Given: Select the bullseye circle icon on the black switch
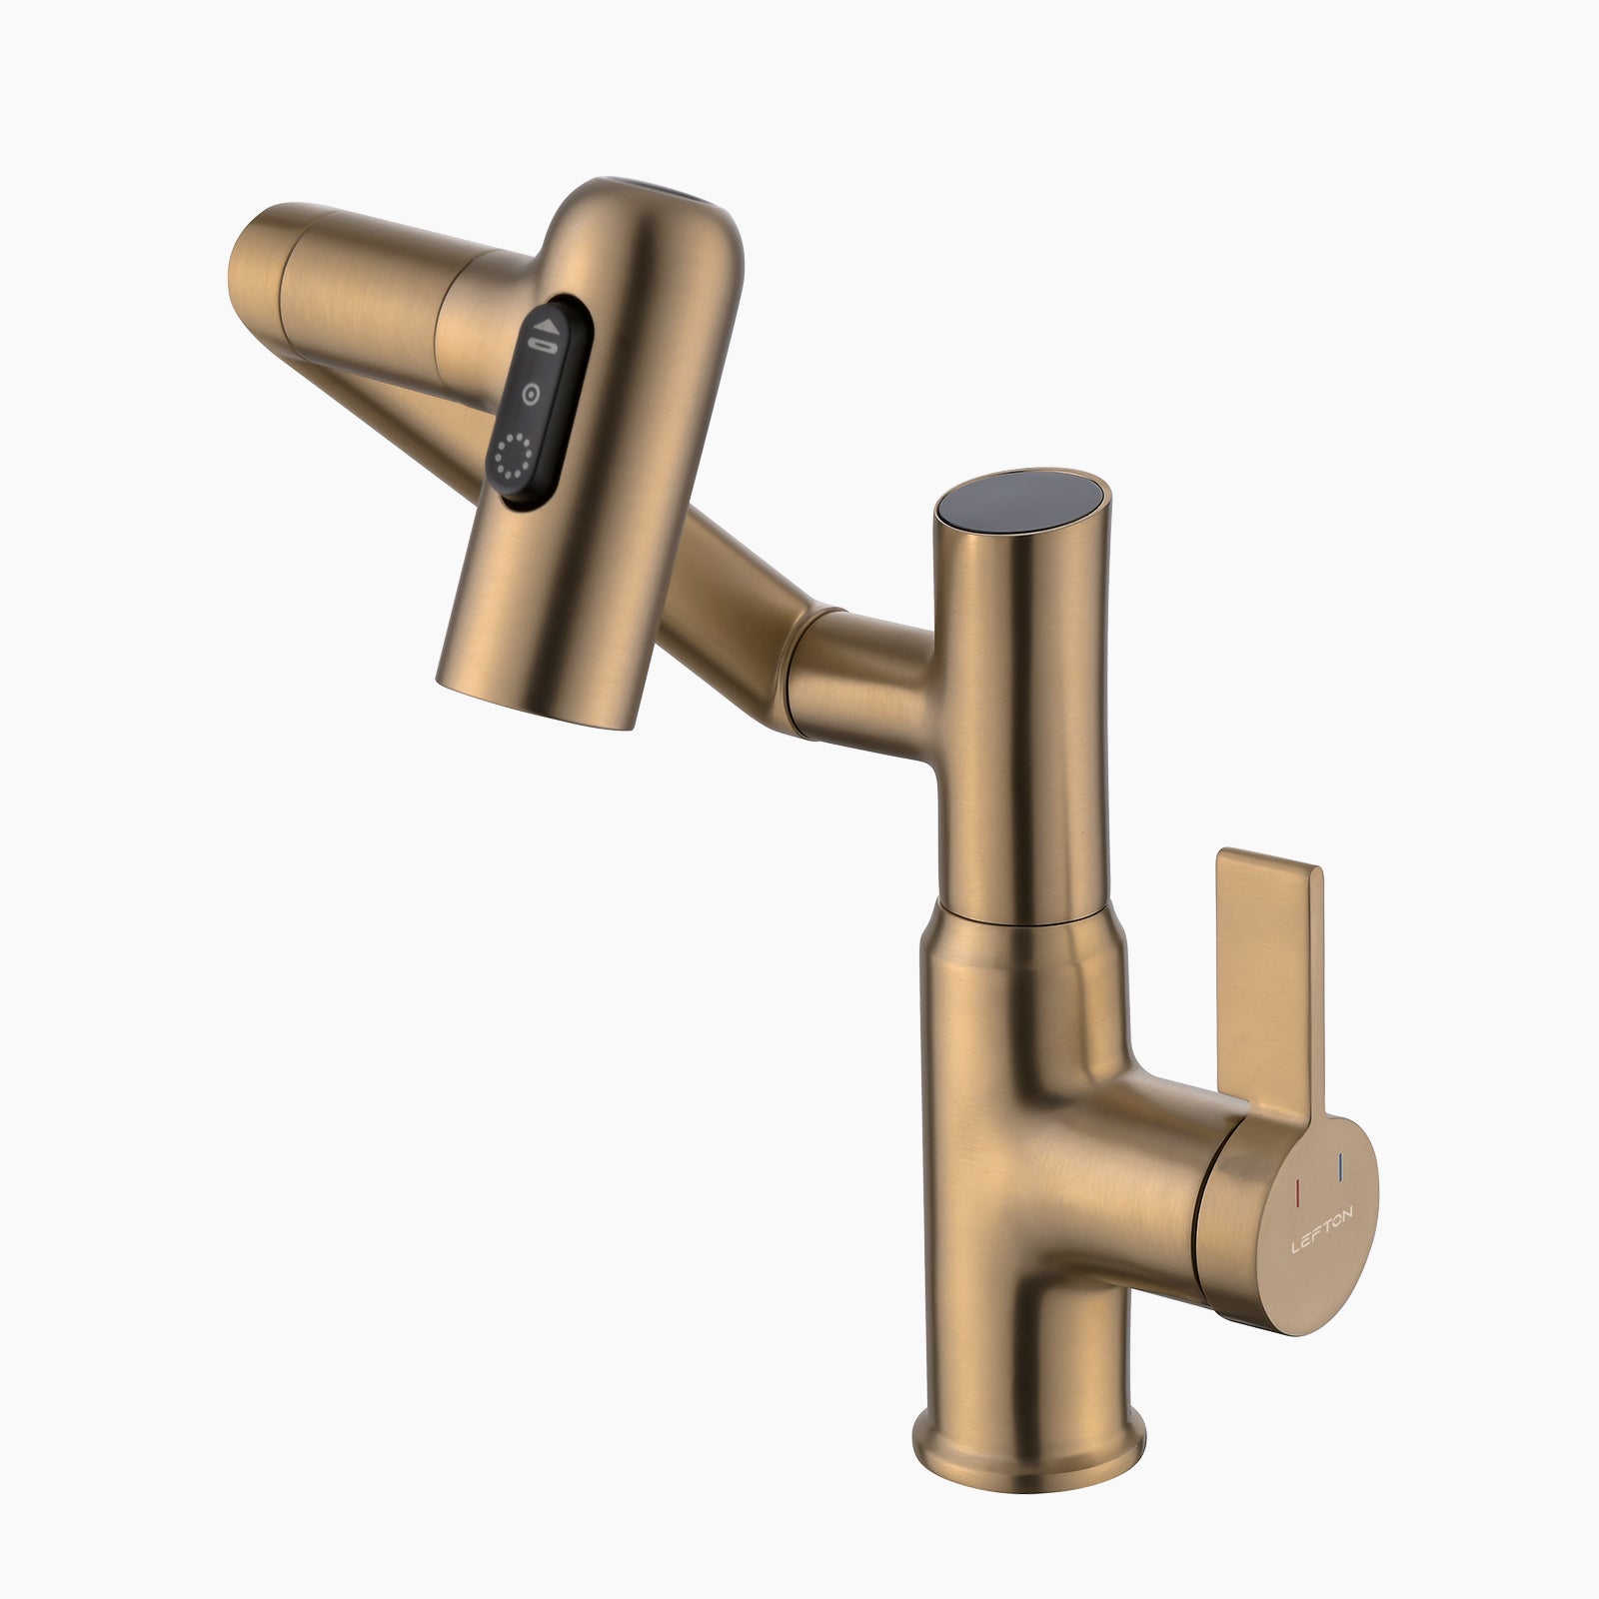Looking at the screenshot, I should pos(532,393).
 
